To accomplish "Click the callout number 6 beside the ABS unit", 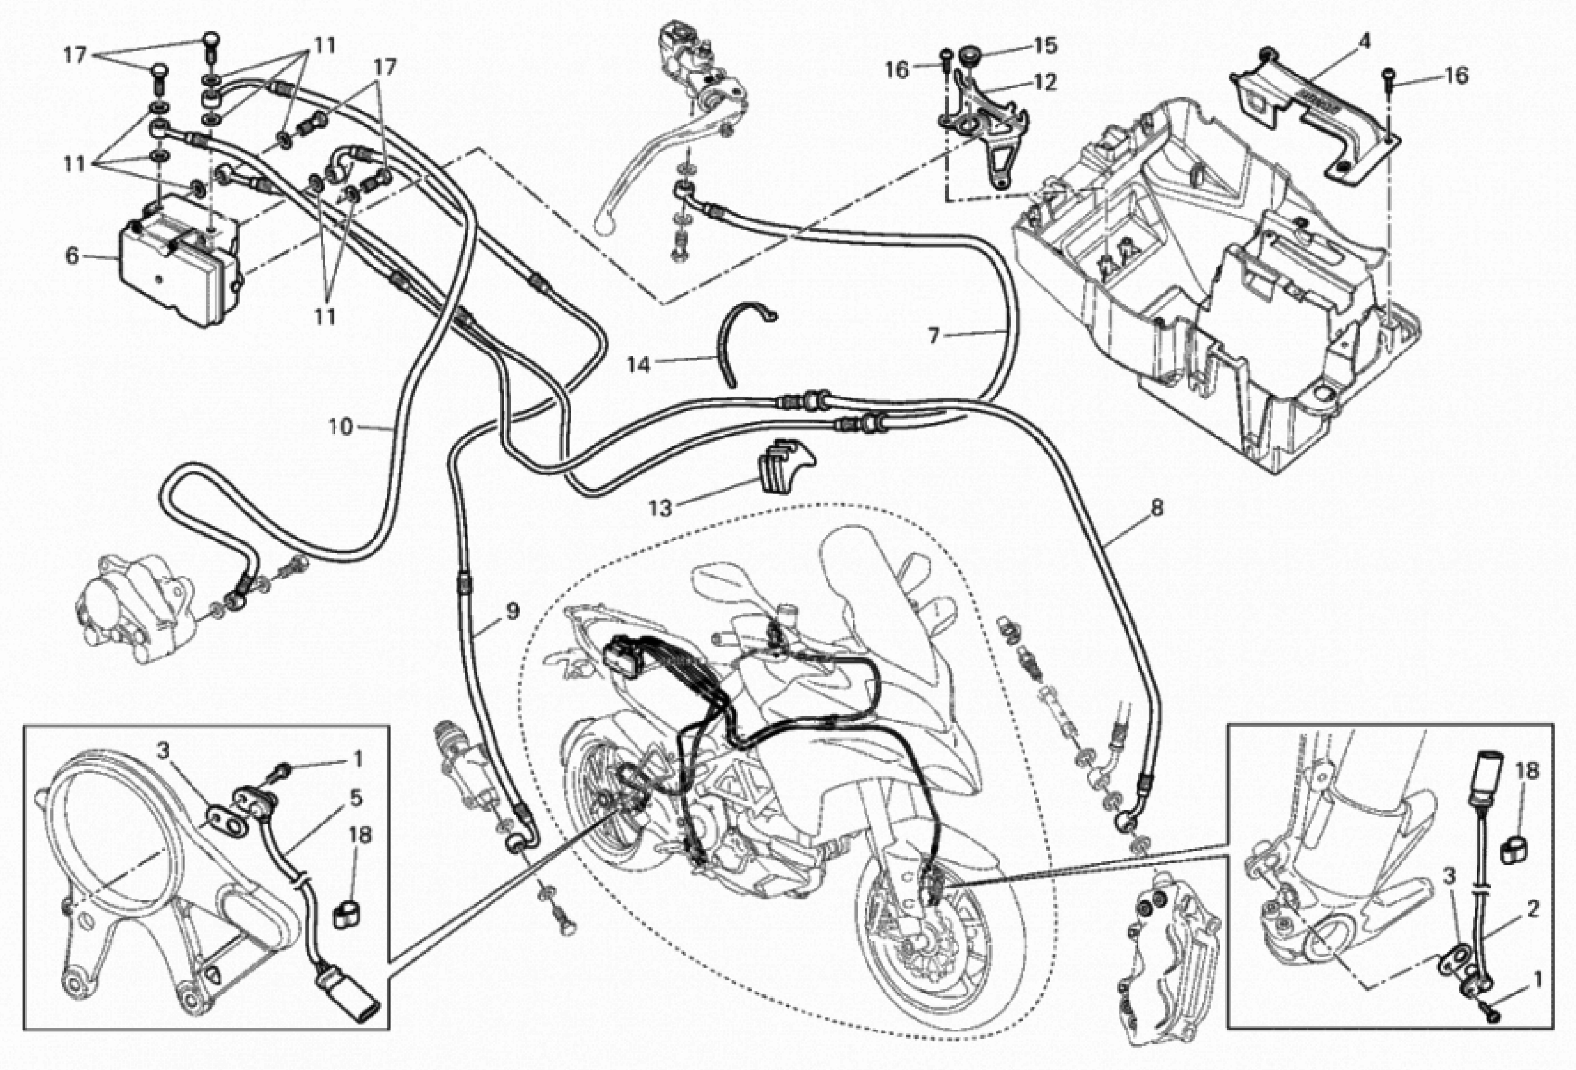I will point(73,256).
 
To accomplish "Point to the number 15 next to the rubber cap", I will point(1045,46).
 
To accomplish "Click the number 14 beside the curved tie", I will point(638,365).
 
